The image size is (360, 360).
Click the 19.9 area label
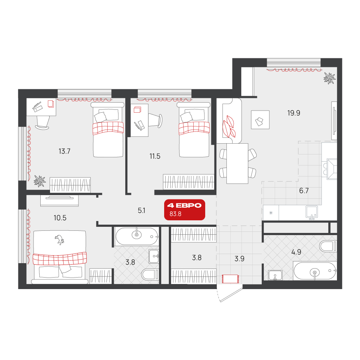pos(294,113)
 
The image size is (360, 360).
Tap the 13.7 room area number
pos(64,151)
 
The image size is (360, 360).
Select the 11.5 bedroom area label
pos(155,156)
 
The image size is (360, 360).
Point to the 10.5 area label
pos(60,218)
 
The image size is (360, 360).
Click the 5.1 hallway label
pos(141,211)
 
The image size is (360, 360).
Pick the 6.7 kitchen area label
pos(304,190)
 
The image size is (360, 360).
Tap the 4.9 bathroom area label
pos(296,252)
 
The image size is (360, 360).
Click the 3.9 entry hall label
pos(239,259)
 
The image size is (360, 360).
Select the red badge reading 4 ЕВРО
pos(185,210)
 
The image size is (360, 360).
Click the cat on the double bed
pos(59,240)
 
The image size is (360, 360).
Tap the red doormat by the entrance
pos(230,279)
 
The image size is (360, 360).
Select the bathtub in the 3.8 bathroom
pos(137,236)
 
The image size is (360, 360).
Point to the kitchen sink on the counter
pos(312,212)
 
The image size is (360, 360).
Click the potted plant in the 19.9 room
pos(329,78)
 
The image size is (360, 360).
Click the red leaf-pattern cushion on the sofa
pos(229,126)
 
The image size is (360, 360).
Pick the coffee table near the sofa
pos(260,120)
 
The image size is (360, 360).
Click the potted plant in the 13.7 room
pos(40,181)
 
